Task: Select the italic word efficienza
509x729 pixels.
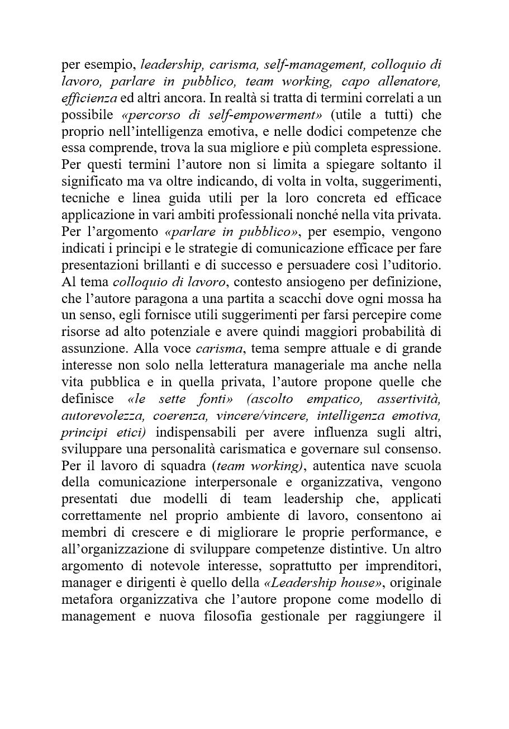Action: pyautogui.click(x=89, y=98)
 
